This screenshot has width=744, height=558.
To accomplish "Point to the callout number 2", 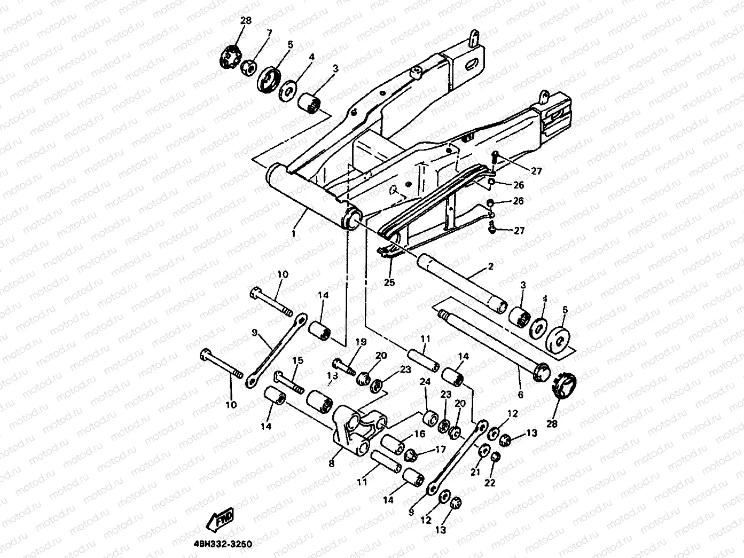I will pyautogui.click(x=490, y=266).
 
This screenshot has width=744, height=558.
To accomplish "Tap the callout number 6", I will pyautogui.click(x=521, y=395).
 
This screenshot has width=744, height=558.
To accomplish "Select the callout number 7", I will pyautogui.click(x=269, y=33).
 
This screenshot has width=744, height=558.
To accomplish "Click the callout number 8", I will pyautogui.click(x=332, y=464).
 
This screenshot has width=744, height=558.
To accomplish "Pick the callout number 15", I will pyautogui.click(x=297, y=361).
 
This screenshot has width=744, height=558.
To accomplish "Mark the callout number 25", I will pyautogui.click(x=389, y=282).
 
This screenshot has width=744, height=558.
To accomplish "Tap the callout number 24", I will pyautogui.click(x=425, y=382).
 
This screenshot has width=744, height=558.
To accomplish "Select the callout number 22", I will pyautogui.click(x=490, y=483).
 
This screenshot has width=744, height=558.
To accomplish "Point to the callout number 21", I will pyautogui.click(x=475, y=471).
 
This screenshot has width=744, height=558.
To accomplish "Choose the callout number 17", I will pyautogui.click(x=440, y=450).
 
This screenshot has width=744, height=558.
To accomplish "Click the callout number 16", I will pyautogui.click(x=419, y=434).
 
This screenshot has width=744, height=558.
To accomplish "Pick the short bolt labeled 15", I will pyautogui.click(x=289, y=381).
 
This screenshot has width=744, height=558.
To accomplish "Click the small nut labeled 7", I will pyautogui.click(x=248, y=68).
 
